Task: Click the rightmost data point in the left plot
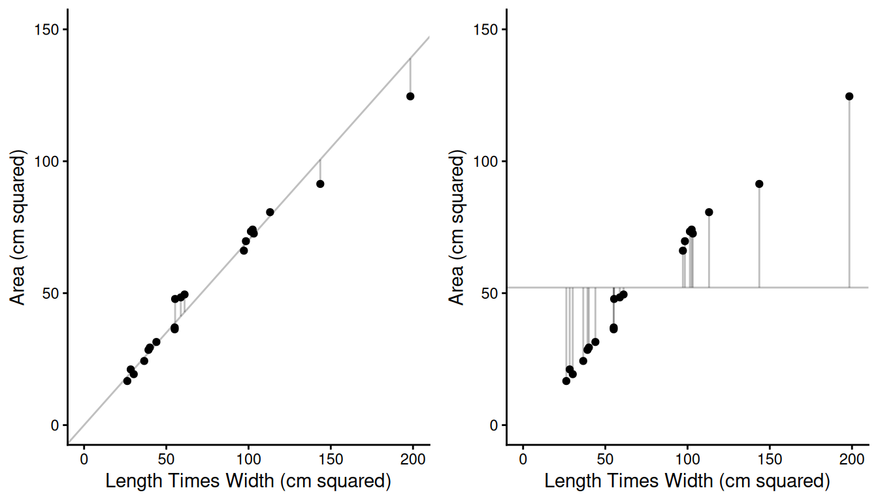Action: (x=410, y=96)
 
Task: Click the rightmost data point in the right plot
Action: (x=849, y=96)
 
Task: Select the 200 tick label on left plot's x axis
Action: (x=413, y=459)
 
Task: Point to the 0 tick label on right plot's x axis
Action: (x=523, y=459)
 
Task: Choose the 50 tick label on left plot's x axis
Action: (x=166, y=459)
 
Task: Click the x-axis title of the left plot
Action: (x=248, y=481)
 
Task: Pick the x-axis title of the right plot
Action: (x=687, y=481)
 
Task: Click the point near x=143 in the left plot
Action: (x=320, y=184)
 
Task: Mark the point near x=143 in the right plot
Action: (x=759, y=184)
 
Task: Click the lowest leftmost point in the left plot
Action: (x=127, y=381)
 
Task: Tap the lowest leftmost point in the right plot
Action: (x=566, y=381)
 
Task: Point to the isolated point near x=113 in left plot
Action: (x=270, y=212)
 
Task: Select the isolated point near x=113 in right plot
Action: (x=709, y=212)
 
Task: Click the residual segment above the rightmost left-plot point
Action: (x=410, y=75)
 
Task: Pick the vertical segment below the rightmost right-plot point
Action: (x=849, y=196)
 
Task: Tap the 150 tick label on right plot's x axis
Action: (x=770, y=459)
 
